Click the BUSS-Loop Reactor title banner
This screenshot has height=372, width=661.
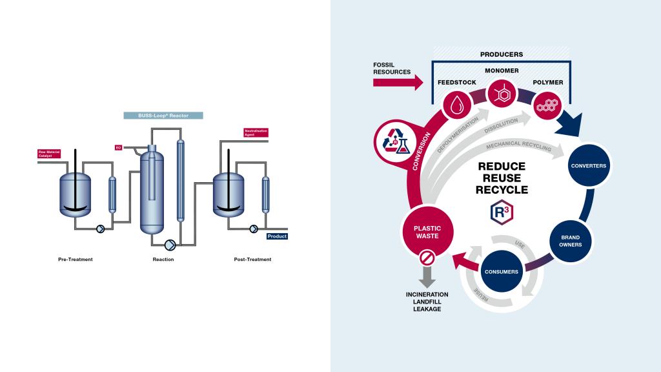[163, 116]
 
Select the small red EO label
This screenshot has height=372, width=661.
[118, 148]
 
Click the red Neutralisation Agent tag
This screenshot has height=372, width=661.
[256, 133]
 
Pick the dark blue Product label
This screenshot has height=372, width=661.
[277, 236]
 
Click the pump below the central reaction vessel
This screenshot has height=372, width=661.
[170, 244]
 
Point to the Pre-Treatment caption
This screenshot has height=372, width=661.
[76, 260]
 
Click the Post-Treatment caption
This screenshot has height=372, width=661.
[252, 260]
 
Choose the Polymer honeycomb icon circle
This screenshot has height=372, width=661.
[547, 103]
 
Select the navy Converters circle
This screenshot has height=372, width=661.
[588, 166]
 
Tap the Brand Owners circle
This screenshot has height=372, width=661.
[570, 241]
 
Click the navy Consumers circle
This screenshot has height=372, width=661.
[502, 271]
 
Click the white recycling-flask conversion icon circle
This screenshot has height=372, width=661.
[394, 141]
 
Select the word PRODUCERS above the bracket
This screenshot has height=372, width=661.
[502, 54]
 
